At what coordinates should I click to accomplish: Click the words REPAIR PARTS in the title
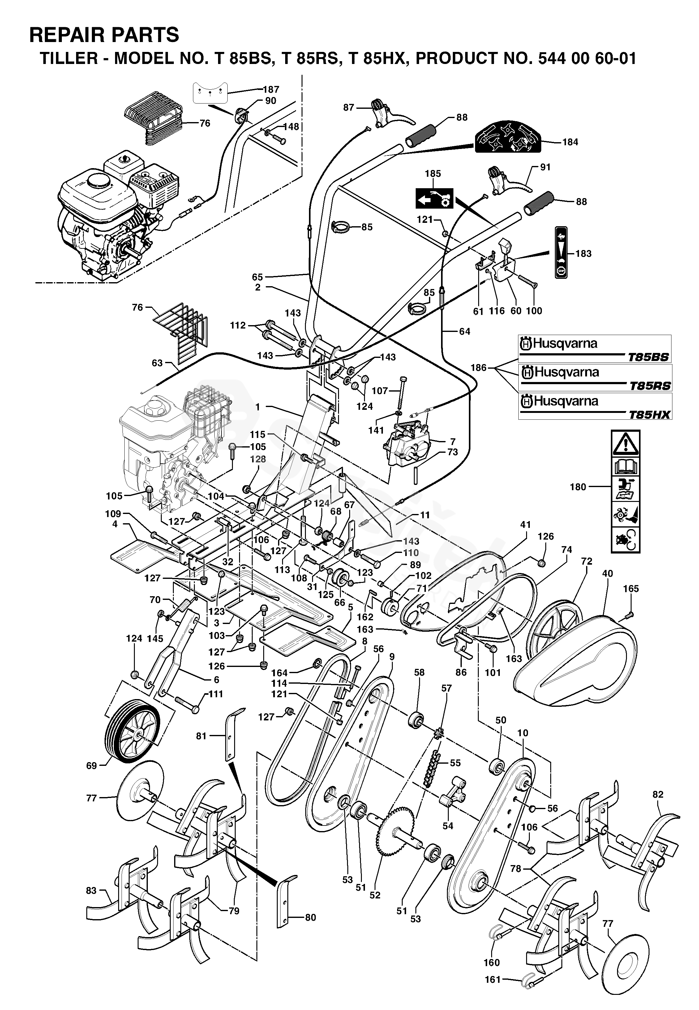pyautogui.click(x=104, y=35)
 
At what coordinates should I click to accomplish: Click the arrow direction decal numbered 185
pyautogui.click(x=435, y=199)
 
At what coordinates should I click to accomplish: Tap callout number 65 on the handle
pyautogui.click(x=258, y=277)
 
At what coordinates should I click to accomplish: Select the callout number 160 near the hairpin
pyautogui.click(x=491, y=962)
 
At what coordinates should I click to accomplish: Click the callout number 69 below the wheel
pyautogui.click(x=91, y=766)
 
